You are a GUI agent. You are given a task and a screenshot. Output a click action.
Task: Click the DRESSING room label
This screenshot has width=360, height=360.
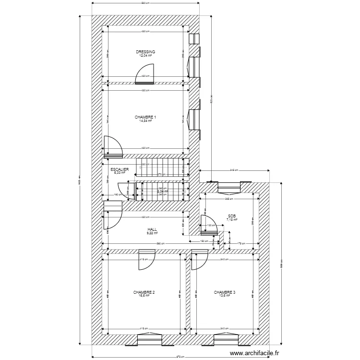pos(145,51)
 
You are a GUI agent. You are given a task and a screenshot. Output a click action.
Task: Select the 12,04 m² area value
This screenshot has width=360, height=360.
pos(145,55)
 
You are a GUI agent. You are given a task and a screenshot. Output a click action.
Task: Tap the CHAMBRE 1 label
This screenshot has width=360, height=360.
pos(145,117)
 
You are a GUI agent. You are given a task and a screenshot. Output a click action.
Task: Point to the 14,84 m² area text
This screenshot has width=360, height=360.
pos(145,120)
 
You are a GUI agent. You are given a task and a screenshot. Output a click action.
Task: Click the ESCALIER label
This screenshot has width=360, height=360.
pos(119,169)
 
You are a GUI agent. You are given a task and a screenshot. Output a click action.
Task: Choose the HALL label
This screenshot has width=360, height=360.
pos(152,229)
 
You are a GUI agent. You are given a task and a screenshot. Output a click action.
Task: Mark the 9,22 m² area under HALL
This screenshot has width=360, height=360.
pos(152,233)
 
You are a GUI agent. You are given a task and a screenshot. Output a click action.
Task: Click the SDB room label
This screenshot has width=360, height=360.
pos(232,216)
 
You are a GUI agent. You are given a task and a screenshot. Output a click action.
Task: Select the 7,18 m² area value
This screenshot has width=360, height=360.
pos(232,220)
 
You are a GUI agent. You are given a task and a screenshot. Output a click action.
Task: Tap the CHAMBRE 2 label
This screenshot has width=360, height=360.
pos(144,292)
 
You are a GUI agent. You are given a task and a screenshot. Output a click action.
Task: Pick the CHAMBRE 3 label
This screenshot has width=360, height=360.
pos(225,292)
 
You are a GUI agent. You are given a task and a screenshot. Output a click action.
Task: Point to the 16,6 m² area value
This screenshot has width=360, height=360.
pos(144,296)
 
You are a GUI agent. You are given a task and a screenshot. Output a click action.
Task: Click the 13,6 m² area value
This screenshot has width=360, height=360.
pos(225,296)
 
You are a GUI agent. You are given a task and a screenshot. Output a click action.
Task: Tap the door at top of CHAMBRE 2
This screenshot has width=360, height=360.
pos(145,259)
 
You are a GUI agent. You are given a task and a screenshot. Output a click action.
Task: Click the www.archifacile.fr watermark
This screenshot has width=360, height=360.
pos(254,353)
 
